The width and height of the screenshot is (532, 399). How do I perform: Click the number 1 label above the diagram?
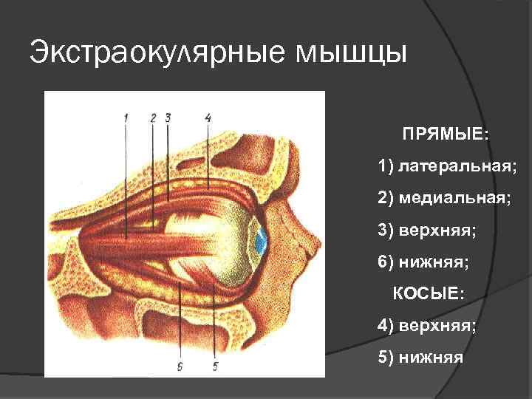[126, 117]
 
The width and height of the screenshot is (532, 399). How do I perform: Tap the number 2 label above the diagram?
[152, 117]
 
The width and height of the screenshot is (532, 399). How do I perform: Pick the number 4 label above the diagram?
[208, 117]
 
